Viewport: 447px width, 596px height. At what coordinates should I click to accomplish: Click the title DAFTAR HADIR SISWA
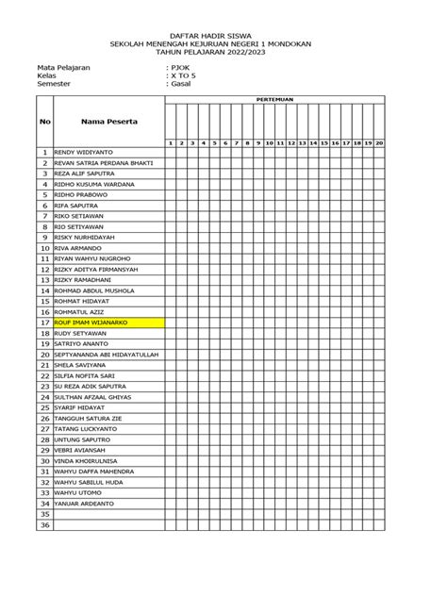[x=223, y=35]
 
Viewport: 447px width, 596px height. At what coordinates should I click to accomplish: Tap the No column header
[x=44, y=122]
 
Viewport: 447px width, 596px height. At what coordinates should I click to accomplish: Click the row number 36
[x=44, y=525]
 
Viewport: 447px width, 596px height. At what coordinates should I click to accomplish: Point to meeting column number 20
[x=379, y=142]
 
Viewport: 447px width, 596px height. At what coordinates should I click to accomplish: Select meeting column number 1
[x=170, y=142]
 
